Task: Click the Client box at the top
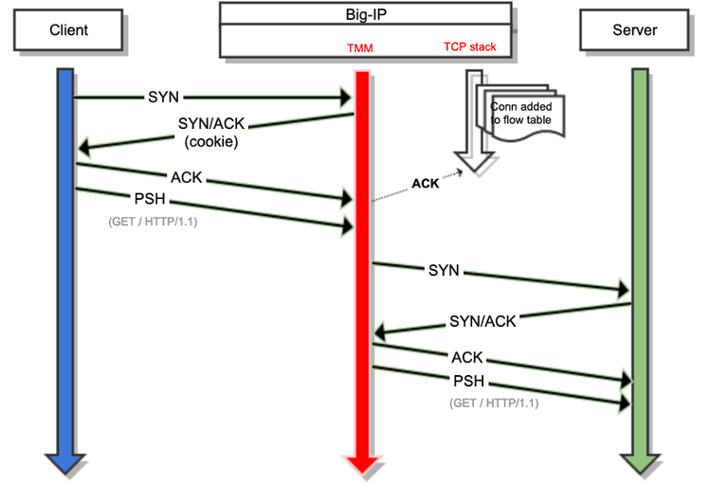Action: click(68, 30)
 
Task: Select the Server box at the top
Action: click(633, 30)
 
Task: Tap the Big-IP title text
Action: click(366, 13)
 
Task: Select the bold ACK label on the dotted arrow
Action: click(426, 184)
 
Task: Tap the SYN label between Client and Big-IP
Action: click(162, 97)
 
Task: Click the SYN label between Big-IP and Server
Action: click(444, 270)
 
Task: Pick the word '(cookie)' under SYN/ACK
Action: click(209, 141)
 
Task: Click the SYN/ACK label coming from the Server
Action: click(483, 321)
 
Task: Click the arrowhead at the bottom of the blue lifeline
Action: click(64, 461)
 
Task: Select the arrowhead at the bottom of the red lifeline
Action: click(360, 462)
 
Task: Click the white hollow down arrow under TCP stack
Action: click(473, 133)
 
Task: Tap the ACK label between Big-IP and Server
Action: click(467, 357)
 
